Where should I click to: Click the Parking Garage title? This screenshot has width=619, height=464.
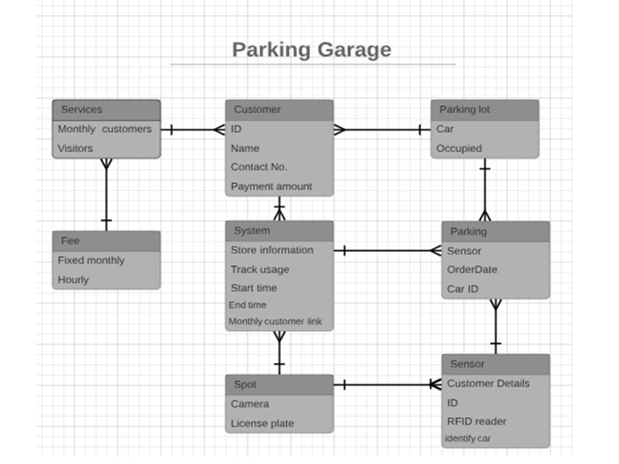[x=311, y=50]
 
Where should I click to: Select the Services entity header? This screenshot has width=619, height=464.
[x=106, y=110]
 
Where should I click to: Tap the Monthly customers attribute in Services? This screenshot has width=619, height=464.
[x=104, y=129]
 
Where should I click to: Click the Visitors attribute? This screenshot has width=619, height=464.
[x=75, y=148]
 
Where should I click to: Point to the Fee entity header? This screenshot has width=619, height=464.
[x=106, y=240]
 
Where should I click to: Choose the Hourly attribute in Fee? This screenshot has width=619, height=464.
[x=74, y=280]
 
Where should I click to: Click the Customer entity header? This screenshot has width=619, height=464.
[x=279, y=110]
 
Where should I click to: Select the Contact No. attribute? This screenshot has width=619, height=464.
[x=259, y=167]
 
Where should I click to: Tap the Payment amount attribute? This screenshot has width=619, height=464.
[x=271, y=186]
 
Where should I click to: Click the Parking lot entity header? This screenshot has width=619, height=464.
[x=484, y=110]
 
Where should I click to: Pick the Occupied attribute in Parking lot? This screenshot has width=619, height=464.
[x=459, y=148]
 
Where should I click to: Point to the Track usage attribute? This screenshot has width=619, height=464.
[x=260, y=269]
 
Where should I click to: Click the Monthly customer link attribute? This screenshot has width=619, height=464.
[x=275, y=322]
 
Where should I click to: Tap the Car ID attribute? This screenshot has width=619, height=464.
[x=463, y=289]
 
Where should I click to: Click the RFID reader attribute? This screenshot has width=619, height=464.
[x=477, y=421]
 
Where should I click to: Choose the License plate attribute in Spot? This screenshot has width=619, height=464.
[x=262, y=423]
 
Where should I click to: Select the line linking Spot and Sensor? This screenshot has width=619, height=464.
[x=388, y=385]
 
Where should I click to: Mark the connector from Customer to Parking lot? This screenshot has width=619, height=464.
[x=382, y=130]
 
